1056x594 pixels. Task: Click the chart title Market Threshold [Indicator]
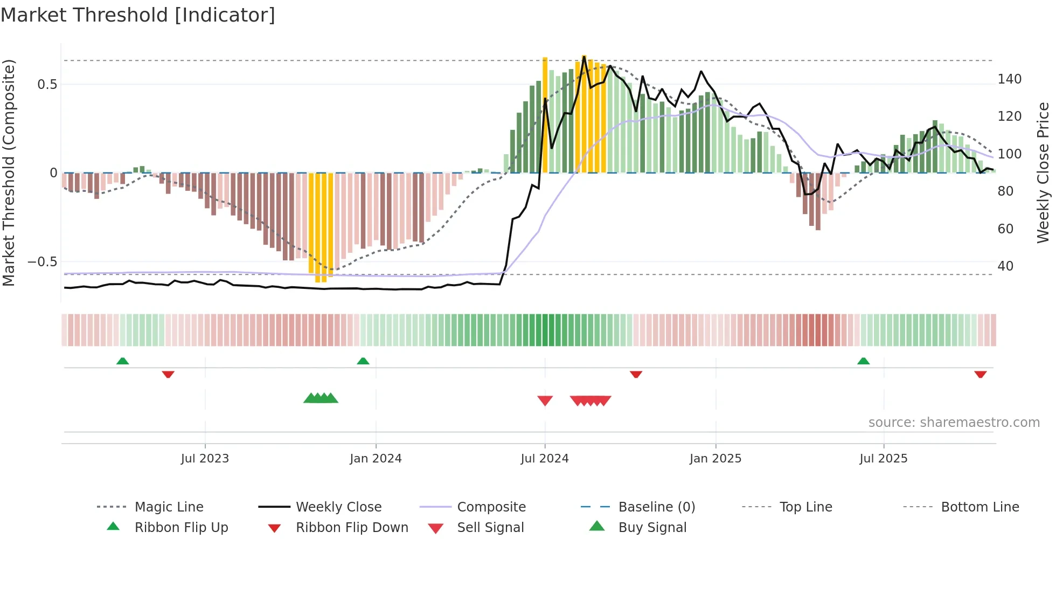(138, 15)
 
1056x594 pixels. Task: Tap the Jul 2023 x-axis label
(205, 459)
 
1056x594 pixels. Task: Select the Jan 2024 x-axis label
(376, 459)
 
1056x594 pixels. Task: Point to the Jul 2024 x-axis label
(545, 459)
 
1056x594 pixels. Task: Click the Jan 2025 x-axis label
(715, 459)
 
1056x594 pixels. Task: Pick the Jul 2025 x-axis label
(884, 459)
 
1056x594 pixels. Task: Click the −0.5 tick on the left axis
(43, 262)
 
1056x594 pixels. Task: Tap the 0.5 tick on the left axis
(47, 85)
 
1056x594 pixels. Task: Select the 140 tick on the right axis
(1009, 79)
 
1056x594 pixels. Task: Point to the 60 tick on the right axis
(1005, 229)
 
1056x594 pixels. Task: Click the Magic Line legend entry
(169, 507)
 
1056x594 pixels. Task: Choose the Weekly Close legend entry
(338, 507)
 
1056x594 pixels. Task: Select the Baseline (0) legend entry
(656, 507)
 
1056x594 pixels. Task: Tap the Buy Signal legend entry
(652, 528)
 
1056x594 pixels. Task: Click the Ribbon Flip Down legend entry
(352, 528)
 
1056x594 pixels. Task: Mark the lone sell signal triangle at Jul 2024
(545, 400)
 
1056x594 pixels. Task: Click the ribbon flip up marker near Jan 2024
(363, 361)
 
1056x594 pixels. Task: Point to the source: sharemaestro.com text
(954, 423)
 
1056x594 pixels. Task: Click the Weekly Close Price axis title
(1043, 172)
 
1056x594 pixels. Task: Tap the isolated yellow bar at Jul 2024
(545, 115)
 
